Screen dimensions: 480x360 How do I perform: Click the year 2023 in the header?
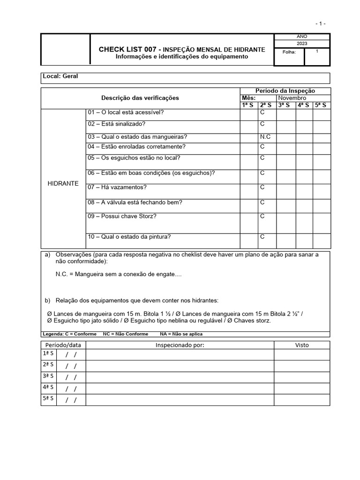[302, 44]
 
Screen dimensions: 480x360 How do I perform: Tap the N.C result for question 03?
[265, 137]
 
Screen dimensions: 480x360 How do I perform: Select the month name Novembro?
[292, 98]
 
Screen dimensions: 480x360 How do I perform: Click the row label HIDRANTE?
[63, 183]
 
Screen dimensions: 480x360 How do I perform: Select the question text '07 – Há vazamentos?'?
[117, 187]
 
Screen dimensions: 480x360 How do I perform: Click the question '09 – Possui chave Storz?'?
[122, 216]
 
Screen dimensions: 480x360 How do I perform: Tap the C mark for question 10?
[262, 237]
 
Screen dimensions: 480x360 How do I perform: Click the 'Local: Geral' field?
[60, 76]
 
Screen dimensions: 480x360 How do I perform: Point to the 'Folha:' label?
[289, 52]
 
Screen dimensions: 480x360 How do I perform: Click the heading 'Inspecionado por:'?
[180, 345]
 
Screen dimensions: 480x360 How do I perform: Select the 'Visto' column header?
[302, 345]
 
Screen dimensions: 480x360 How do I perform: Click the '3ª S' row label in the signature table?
[48, 376]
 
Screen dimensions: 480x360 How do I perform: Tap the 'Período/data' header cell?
[63, 345]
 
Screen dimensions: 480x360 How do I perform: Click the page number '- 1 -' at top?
[320, 23]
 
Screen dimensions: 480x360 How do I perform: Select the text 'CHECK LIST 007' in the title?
[127, 49]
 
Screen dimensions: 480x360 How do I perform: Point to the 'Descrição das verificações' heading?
[140, 98]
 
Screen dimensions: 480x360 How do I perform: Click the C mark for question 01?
[262, 112]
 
